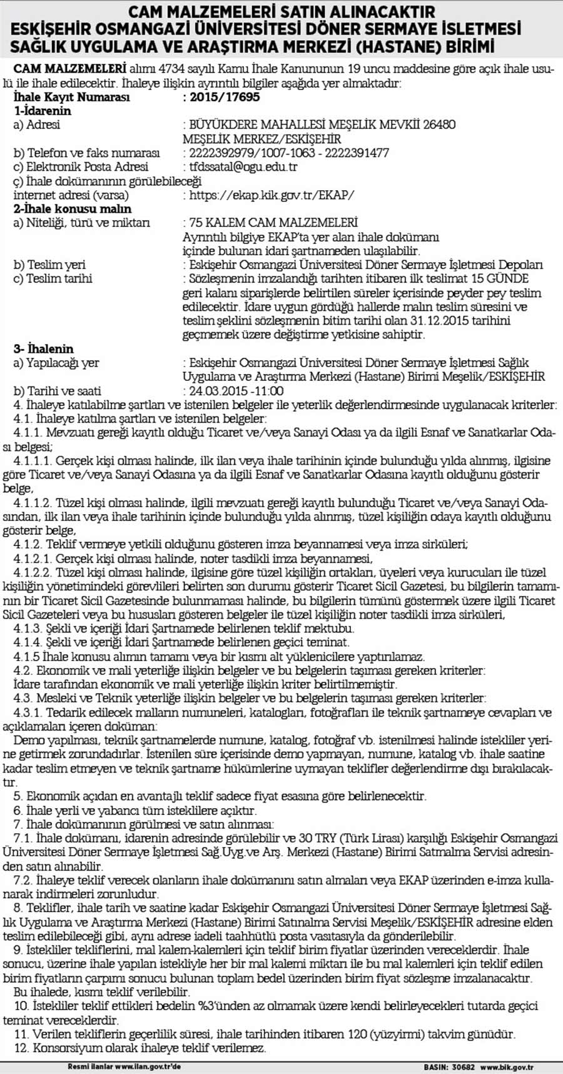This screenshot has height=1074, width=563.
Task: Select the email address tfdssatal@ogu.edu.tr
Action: point(243,167)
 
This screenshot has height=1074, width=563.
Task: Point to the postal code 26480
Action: point(439,125)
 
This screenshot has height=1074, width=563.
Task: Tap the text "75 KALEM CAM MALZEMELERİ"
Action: point(270,223)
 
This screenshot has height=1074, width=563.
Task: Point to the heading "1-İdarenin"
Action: point(43,111)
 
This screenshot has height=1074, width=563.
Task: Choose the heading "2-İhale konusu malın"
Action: point(73,209)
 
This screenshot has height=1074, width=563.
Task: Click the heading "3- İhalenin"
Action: point(44,349)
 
